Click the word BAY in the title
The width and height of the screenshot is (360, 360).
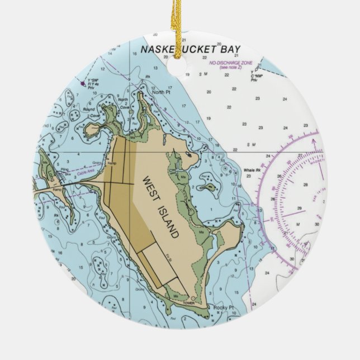230,49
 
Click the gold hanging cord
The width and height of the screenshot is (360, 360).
178,22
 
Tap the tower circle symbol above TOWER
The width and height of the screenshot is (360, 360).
193,297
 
